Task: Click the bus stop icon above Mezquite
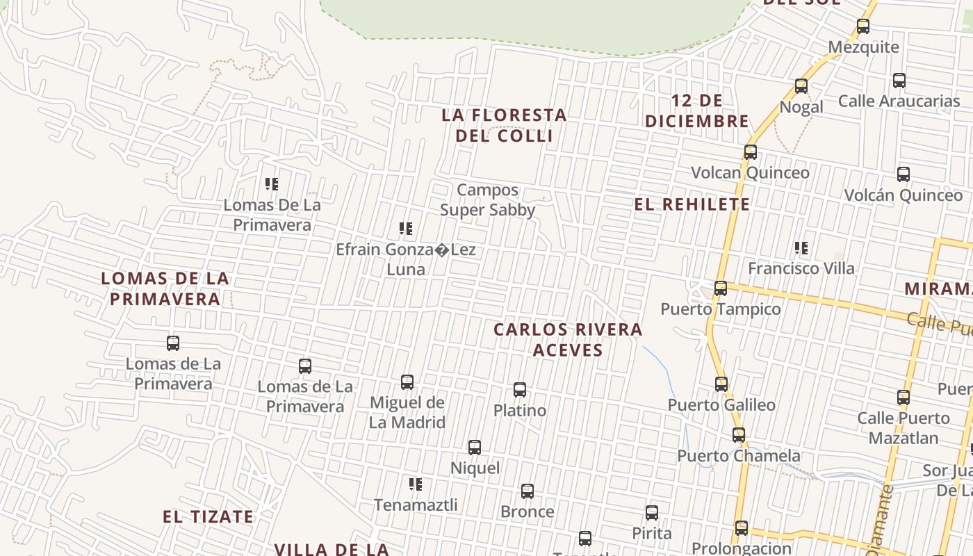(863, 27)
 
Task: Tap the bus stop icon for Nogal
(801, 86)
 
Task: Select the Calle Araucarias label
(899, 101)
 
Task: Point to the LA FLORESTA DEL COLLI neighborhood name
(505, 125)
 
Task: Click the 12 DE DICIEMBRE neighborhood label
(697, 111)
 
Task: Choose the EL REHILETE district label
(692, 204)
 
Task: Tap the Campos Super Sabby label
(488, 200)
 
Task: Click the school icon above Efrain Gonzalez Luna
(407, 228)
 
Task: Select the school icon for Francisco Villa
(801, 247)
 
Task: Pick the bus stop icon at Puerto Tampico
(721, 288)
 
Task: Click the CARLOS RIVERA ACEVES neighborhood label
(568, 339)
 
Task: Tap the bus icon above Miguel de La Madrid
(407, 382)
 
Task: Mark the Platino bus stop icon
(520, 390)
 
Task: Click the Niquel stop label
(475, 468)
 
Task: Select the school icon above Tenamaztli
(416, 484)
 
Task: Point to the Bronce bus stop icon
(528, 491)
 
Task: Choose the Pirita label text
(652, 533)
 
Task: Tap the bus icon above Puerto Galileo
(721, 384)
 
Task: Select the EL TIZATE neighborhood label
(208, 516)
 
